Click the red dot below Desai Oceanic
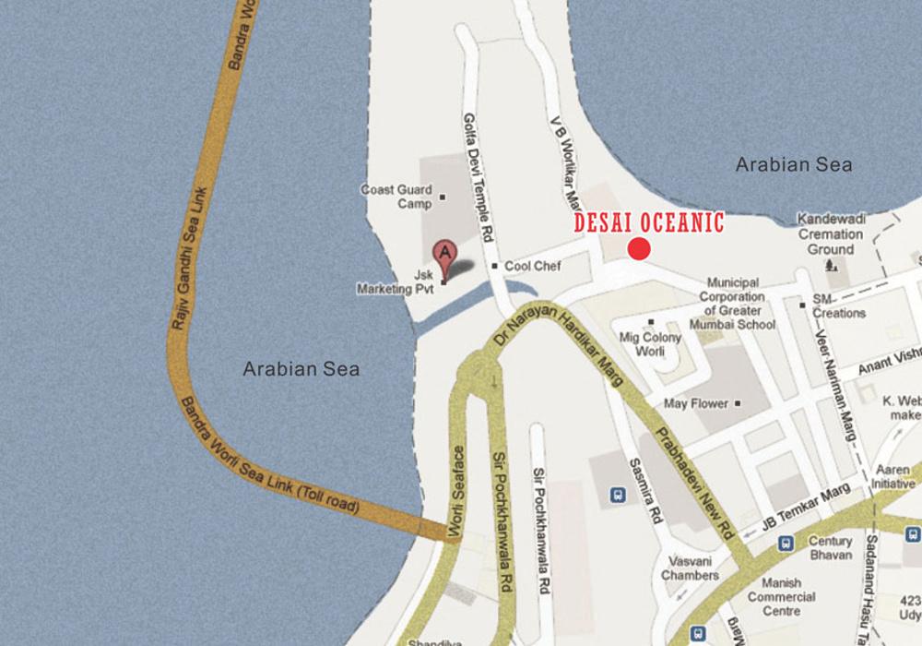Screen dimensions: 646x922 pos(639,248)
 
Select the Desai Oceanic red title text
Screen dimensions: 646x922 pos(649,222)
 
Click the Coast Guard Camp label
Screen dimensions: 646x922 pos(396,197)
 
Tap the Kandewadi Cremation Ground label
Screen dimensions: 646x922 pos(832,235)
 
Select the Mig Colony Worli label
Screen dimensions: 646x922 pos(651,344)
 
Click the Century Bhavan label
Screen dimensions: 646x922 pos(830,548)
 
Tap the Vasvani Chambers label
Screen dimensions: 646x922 pos(690,568)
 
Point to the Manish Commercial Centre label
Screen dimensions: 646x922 pos(781,596)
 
